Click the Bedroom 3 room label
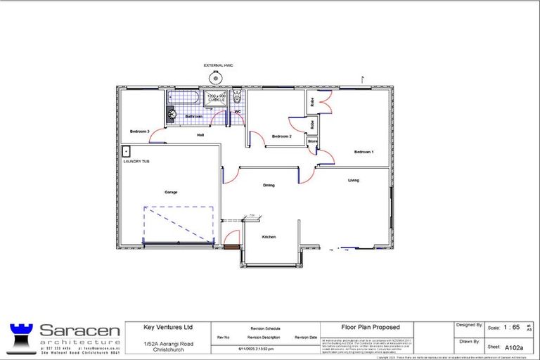pyautogui.click(x=139, y=131)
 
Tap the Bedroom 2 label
pyautogui.click(x=281, y=136)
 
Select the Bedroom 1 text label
pyautogui.click(x=364, y=152)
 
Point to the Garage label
pyautogui.click(x=170, y=192)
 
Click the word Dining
pyautogui.click(x=269, y=186)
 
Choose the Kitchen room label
pyautogui.click(x=269, y=238)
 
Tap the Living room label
pyautogui.click(x=353, y=181)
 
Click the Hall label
pyautogui.click(x=200, y=135)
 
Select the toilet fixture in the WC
pyautogui.click(x=237, y=97)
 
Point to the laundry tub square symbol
pyautogui.click(x=127, y=150)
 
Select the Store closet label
pyautogui.click(x=313, y=141)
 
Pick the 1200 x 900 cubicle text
pyautogui.click(x=216, y=98)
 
